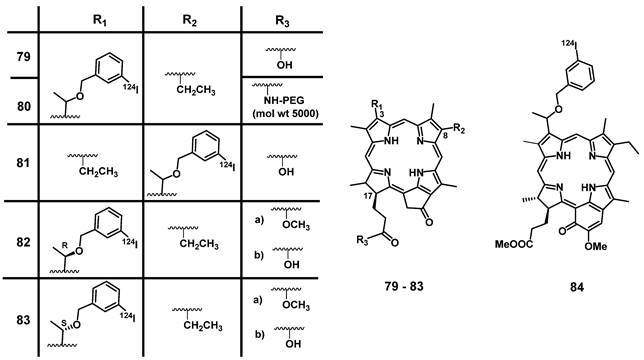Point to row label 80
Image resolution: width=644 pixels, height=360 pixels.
19,101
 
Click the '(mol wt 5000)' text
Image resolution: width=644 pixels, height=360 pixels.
283,112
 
